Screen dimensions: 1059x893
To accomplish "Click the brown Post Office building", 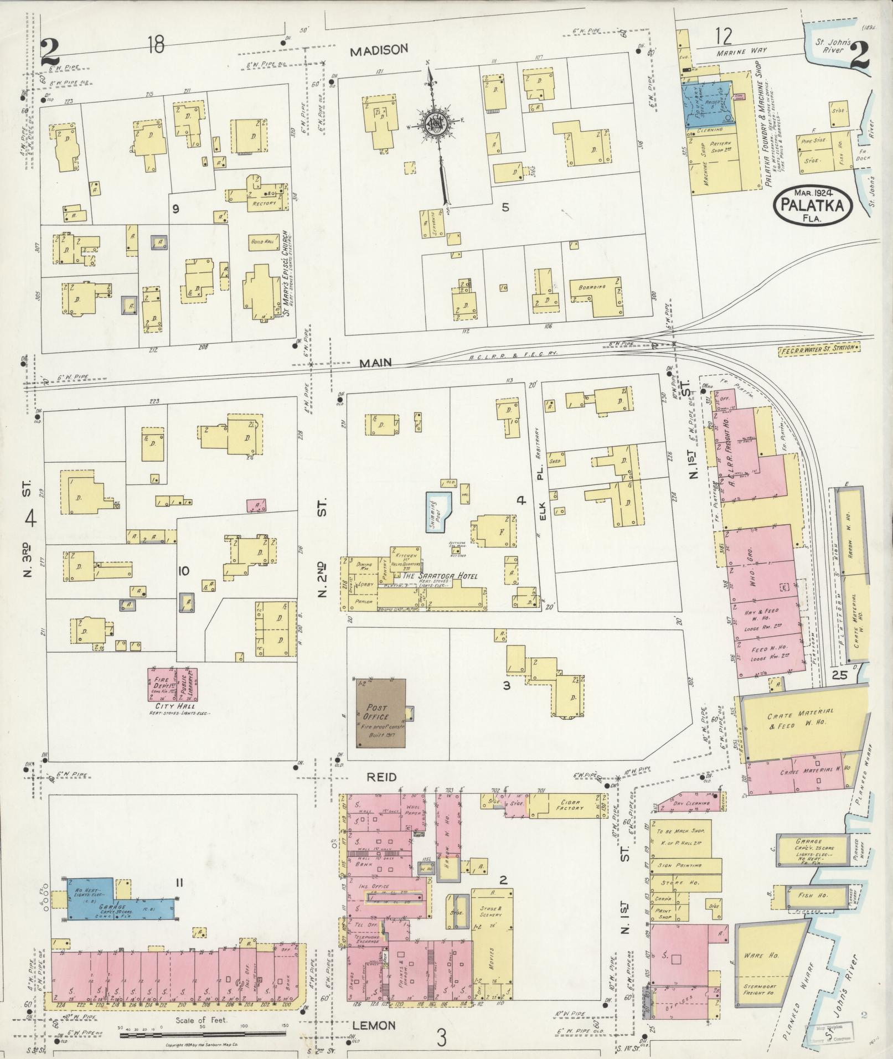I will pyautogui.click(x=380, y=714).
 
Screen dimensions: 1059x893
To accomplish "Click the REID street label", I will pyautogui.click(x=381, y=777).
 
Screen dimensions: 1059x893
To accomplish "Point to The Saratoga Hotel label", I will pyautogui.click(x=439, y=576).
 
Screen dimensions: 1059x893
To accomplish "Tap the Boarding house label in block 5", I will pyautogui.click(x=592, y=287).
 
